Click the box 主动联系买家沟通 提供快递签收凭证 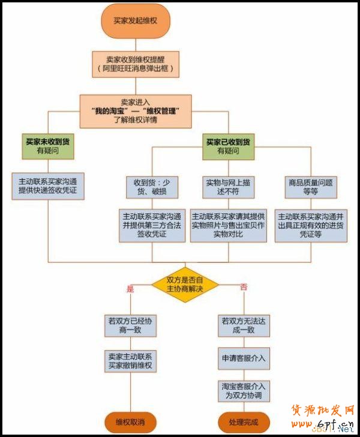click(x=47, y=185)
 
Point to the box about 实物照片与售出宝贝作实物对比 click(x=229, y=225)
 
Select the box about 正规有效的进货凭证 click(x=310, y=225)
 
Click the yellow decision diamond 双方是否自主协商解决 click(x=185, y=285)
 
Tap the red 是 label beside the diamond click(x=130, y=289)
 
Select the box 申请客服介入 click(x=243, y=359)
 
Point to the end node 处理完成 click(x=244, y=422)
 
